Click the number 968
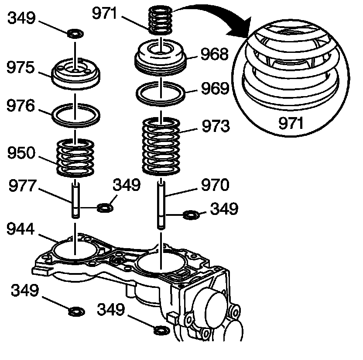[214, 55]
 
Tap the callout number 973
[215, 127]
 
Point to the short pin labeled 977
[76, 201]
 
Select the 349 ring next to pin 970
[191, 215]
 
